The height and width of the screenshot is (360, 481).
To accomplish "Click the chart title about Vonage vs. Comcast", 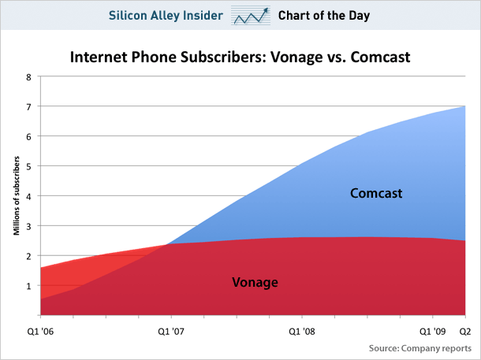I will [x=240, y=57].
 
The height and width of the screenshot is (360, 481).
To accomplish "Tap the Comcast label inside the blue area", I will [x=377, y=192].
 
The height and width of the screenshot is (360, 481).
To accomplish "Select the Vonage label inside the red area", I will [x=255, y=281].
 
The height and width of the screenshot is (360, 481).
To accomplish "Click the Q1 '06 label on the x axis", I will [x=41, y=331].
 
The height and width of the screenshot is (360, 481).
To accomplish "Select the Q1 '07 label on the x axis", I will [x=171, y=331].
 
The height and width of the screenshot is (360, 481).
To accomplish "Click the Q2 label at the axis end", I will [x=465, y=331].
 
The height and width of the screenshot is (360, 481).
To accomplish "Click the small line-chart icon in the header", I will [x=250, y=16].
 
